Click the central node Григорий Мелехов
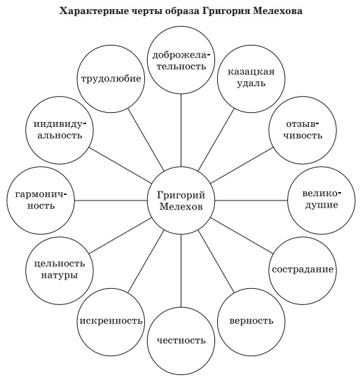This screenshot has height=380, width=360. click(x=181, y=201)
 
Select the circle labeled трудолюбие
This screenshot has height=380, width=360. click(x=111, y=79)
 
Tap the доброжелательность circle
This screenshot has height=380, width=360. click(x=181, y=60)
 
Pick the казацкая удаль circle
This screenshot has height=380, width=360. click(x=251, y=79)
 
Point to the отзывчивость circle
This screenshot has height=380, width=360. click(x=303, y=130)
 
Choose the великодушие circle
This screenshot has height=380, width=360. click(x=321, y=201)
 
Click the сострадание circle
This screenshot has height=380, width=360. click(x=303, y=271)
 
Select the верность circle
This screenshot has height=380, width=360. click(x=251, y=322)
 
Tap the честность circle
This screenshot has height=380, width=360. click(x=181, y=341)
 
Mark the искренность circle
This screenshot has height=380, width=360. click(x=111, y=322)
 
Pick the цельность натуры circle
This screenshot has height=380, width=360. click(x=60, y=271)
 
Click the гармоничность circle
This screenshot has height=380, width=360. click(x=41, y=201)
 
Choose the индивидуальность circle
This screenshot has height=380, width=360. click(x=60, y=130)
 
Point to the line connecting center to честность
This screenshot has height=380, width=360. click(x=181, y=271)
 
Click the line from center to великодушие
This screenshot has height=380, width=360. click(x=251, y=201)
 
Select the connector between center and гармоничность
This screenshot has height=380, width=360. click(x=111, y=201)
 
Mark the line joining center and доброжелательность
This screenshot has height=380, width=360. click(x=181, y=130)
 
